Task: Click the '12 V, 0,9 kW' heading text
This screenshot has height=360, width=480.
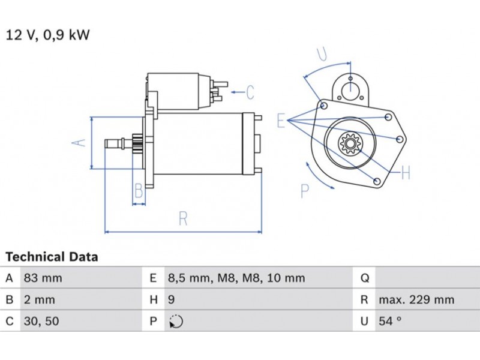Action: tap(48, 35)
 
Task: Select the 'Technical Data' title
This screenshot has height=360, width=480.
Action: tap(52, 257)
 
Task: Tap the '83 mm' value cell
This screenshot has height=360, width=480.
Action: tap(43, 278)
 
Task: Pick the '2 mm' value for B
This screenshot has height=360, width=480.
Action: tap(39, 299)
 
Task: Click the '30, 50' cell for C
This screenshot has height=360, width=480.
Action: tap(41, 321)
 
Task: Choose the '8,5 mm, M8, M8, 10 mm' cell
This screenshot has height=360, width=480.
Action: tap(235, 278)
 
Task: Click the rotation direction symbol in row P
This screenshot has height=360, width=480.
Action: tap(176, 322)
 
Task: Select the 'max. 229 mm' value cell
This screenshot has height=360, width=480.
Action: tap(416, 299)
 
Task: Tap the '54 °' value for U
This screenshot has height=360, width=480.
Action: tap(389, 321)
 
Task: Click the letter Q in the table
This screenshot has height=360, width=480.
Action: tap(364, 278)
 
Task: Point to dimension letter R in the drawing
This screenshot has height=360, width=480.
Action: tap(183, 218)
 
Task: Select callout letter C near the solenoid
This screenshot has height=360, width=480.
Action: tap(250, 92)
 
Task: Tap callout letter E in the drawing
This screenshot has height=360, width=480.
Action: tap(280, 121)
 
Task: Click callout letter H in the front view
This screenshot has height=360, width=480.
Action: tap(405, 173)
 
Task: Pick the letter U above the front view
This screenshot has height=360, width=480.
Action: tap(322, 55)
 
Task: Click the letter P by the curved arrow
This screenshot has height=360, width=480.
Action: tap(305, 191)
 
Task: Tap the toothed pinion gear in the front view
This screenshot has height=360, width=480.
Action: tap(349, 144)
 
